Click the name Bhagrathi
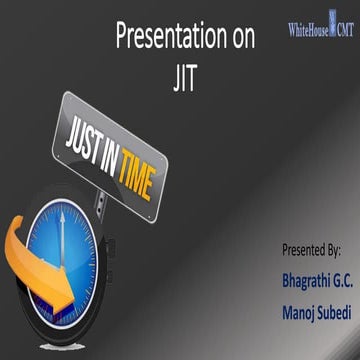[x=286, y=274]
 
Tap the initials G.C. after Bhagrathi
[x=337, y=274]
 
